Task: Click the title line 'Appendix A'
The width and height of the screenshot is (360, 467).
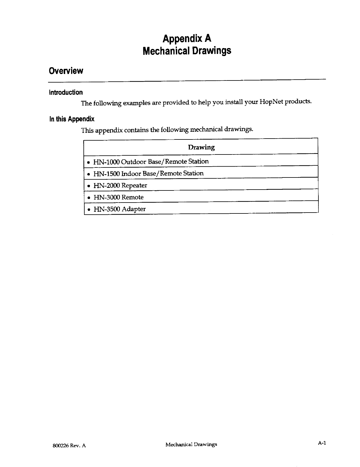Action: (187, 39)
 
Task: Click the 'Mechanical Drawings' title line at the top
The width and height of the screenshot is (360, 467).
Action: (187, 51)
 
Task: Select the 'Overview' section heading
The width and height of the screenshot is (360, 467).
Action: (66, 71)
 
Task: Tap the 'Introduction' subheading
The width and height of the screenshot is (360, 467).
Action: (66, 93)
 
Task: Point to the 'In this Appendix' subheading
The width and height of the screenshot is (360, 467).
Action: (72, 119)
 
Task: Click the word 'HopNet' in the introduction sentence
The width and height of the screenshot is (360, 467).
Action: (272, 102)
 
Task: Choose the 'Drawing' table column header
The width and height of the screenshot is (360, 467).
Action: (201, 147)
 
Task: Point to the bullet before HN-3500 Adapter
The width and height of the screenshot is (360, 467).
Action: (88, 210)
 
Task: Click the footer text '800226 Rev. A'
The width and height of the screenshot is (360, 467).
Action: (67, 446)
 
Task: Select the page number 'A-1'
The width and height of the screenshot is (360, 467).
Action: (322, 443)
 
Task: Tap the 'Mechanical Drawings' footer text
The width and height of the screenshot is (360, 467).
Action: (191, 444)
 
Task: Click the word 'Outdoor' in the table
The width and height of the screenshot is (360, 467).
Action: (134, 162)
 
